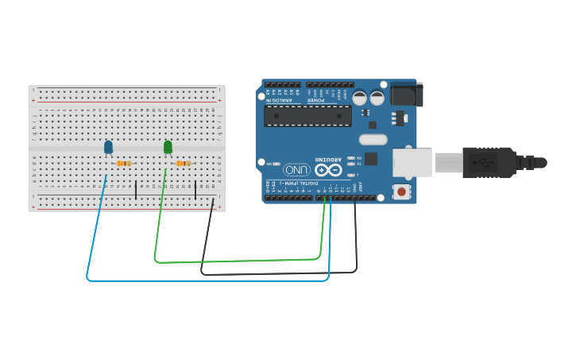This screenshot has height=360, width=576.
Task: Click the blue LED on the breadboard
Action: (108, 147)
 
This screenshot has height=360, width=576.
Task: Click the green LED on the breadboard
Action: (168, 147)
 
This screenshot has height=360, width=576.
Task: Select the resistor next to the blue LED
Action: (123, 164)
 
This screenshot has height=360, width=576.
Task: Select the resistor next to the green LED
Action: (183, 164)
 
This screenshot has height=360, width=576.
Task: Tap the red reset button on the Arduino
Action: (402, 192)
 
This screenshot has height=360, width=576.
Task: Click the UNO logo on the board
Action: (296, 170)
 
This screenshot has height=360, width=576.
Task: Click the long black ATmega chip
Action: (307, 116)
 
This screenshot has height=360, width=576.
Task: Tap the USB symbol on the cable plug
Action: (481, 162)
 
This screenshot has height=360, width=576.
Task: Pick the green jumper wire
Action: (238, 260)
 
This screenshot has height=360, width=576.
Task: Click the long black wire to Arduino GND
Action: (278, 273)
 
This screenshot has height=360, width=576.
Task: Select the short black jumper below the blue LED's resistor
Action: (136, 189)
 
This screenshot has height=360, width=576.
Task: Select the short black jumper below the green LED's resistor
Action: (195, 189)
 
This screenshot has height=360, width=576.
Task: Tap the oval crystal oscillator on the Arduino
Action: (372, 140)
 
